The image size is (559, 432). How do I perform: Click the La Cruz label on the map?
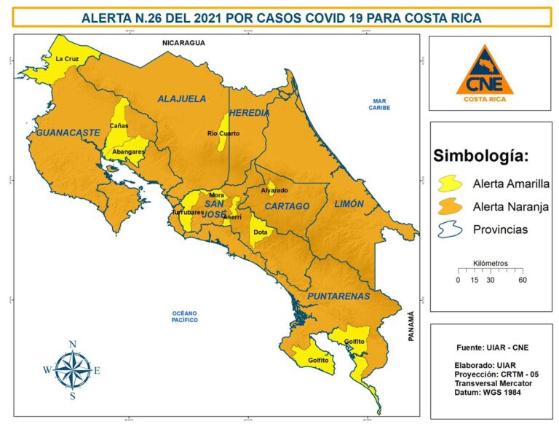pos(67,58)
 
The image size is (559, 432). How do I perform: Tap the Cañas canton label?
pos(119,126)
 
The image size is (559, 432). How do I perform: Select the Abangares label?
pos(124,152)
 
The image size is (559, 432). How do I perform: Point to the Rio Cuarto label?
pos(223,133)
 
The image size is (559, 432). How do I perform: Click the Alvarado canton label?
pos(274,190)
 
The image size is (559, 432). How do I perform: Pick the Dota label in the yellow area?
pos(260,232)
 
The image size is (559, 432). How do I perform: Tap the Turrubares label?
pos(187,212)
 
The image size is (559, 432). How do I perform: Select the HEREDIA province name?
pos(250,113)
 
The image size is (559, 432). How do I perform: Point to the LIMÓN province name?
pos(348,205)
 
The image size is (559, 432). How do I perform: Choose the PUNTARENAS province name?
pos(338,296)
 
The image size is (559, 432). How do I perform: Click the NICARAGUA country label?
pos(183,43)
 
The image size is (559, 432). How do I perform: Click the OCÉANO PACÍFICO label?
pos(180,315)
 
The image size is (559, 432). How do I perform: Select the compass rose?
pos(72,369)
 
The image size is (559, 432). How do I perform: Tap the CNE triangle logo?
pos(484,71)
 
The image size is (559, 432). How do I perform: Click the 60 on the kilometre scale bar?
pos(522,280)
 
